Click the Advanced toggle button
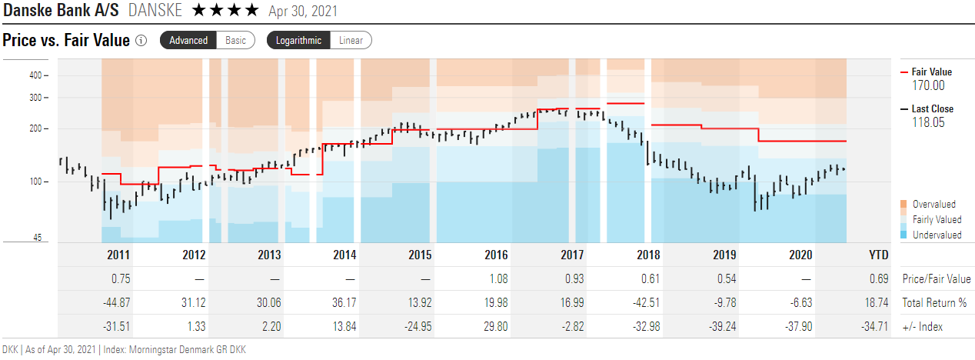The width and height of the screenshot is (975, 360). click(188, 40)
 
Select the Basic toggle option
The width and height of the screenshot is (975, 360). click(236, 40)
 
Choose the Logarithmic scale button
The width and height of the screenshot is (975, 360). click(299, 40)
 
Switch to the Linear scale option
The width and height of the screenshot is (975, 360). click(351, 40)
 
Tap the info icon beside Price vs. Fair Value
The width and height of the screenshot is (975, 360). click(141, 40)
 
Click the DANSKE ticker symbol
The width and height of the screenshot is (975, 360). click(156, 11)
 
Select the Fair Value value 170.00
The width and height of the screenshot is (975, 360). click(928, 85)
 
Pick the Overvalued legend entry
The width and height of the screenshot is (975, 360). click(933, 205)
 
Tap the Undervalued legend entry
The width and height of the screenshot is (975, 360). click(936, 235)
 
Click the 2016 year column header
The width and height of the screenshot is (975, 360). click(495, 255)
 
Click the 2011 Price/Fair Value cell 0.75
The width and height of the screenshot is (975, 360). click(119, 279)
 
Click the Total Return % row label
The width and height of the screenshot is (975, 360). click(935, 303)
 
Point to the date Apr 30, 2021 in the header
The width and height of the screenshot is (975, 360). click(303, 12)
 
